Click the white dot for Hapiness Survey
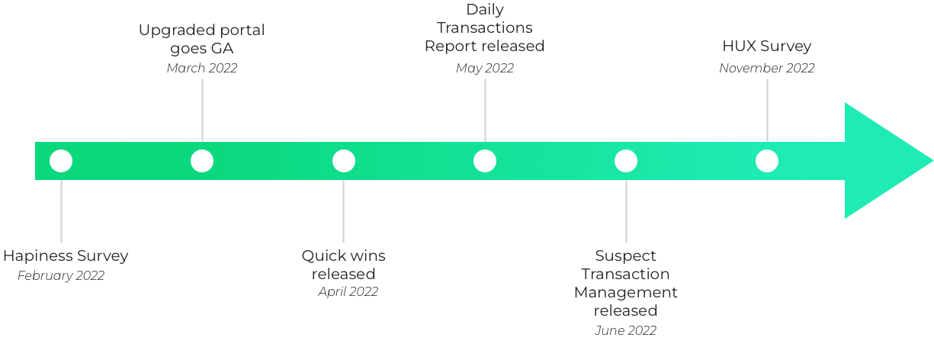pyautogui.click(x=61, y=161)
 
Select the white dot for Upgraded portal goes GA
pyautogui.click(x=202, y=161)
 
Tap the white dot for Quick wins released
pyautogui.click(x=344, y=161)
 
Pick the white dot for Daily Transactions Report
pyautogui.click(x=485, y=161)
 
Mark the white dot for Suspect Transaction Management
pyautogui.click(x=626, y=161)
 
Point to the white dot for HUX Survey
pyautogui.click(x=767, y=161)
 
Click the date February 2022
pyautogui.click(x=61, y=276)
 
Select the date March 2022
pyautogui.click(x=202, y=68)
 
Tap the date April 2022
pyautogui.click(x=348, y=291)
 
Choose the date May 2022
pyautogui.click(x=485, y=68)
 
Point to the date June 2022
pyautogui.click(x=625, y=330)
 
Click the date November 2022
pyautogui.click(x=767, y=68)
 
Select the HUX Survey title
pyautogui.click(x=767, y=47)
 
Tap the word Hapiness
pyautogui.click(x=35, y=256)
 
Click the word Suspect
pyautogui.click(x=625, y=256)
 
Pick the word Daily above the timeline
pyautogui.click(x=485, y=10)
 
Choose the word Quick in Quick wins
pyautogui.click(x=322, y=256)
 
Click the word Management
pyautogui.click(x=625, y=292)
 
